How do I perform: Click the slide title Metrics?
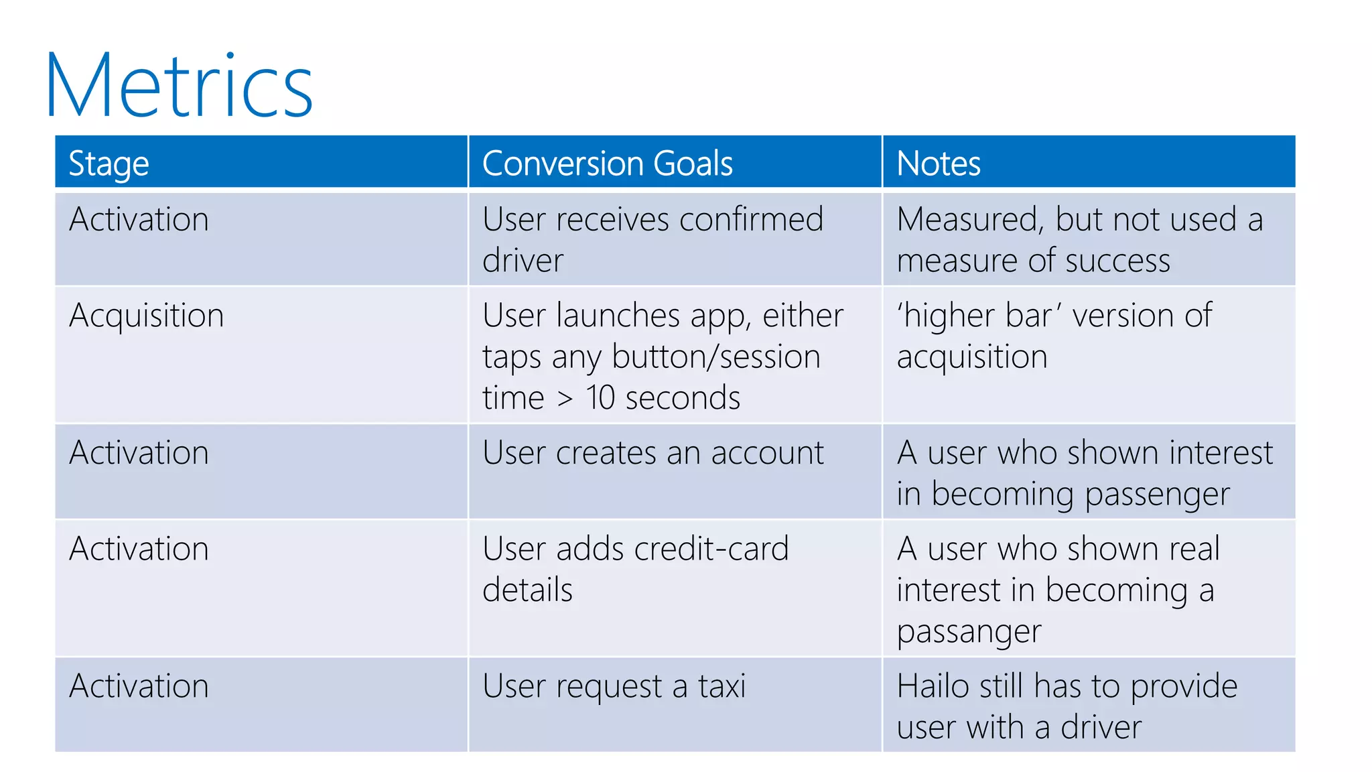179,85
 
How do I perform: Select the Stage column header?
109,164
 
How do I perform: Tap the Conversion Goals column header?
607,164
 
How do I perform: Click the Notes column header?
938,164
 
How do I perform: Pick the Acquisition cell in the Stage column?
146,316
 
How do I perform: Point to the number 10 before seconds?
600,398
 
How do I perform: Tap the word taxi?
722,686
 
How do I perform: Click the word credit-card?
711,549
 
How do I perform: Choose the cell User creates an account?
653,453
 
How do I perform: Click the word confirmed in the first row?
751,220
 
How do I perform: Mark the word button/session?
715,357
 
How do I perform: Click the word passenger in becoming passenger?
1157,495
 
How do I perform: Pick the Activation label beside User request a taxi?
139,686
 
